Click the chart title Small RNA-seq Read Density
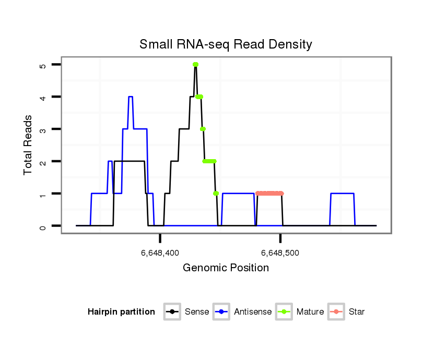pos(226,44)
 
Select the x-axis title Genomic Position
pos(226,268)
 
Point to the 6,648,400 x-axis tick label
pos(160,253)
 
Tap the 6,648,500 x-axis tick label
pos(280,253)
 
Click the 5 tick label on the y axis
pos(43,65)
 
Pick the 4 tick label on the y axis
pos(43,97)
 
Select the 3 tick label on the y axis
pos(43,129)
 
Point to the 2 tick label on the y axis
pos(43,161)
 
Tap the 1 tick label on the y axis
pos(43,194)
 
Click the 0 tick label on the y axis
pos(43,226)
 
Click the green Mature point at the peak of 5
pos(195,65)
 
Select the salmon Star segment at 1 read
pos(269,194)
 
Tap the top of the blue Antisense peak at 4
pos(131,97)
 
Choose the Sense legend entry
pos(188,312)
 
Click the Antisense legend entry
pos(243,312)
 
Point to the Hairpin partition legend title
pos(121,312)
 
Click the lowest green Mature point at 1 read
pos(216,194)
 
